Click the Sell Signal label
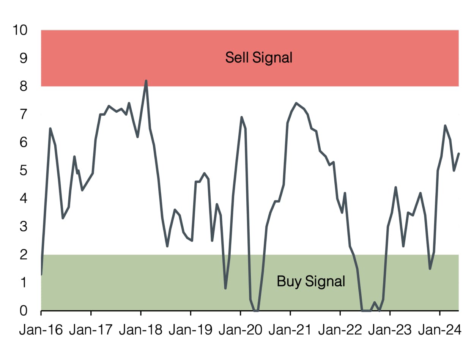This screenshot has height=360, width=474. pos(258,58)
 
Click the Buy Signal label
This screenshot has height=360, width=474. pos(311,281)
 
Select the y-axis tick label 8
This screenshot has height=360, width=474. pos(24,86)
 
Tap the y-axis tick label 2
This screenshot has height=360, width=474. pos(24,255)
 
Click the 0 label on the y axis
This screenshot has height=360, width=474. pos(24,311)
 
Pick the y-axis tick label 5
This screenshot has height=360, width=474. pos(24,171)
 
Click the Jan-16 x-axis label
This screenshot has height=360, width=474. pos(41,330)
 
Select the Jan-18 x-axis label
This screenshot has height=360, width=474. pos(140,330)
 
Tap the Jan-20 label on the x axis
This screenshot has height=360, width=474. pos(240,330)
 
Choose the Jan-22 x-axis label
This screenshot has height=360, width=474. pos(340,330)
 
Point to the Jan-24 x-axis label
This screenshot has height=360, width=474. pos(440,330)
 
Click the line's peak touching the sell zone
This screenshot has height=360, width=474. pos(146,81)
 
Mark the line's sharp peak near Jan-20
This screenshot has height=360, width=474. pos(241,117)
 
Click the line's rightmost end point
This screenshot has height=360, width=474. pos(459,154)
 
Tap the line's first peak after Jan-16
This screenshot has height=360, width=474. pos(50,129)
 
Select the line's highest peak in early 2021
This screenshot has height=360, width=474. pos(296,103)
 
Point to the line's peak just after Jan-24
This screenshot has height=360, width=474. pos(445,126)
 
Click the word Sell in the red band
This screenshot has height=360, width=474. pos(236,58)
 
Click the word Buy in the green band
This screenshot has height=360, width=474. pos(287,281)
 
